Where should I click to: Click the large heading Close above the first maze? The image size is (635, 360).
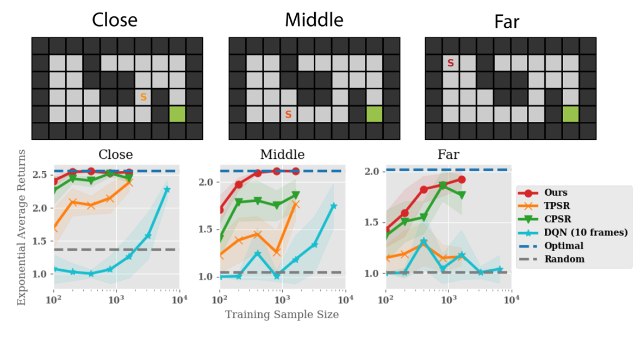(115, 20)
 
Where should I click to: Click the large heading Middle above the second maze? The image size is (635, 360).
(314, 20)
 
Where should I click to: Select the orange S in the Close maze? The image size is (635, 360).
(144, 97)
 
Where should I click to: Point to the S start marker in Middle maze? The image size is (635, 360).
(289, 115)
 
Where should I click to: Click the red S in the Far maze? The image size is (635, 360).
(450, 64)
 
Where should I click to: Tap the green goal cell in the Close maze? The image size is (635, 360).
(177, 114)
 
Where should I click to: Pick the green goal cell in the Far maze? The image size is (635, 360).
(570, 114)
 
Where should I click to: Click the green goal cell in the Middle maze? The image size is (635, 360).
(374, 114)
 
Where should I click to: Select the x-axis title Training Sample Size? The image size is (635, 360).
(282, 314)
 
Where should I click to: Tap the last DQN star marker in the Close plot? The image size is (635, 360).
(167, 189)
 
